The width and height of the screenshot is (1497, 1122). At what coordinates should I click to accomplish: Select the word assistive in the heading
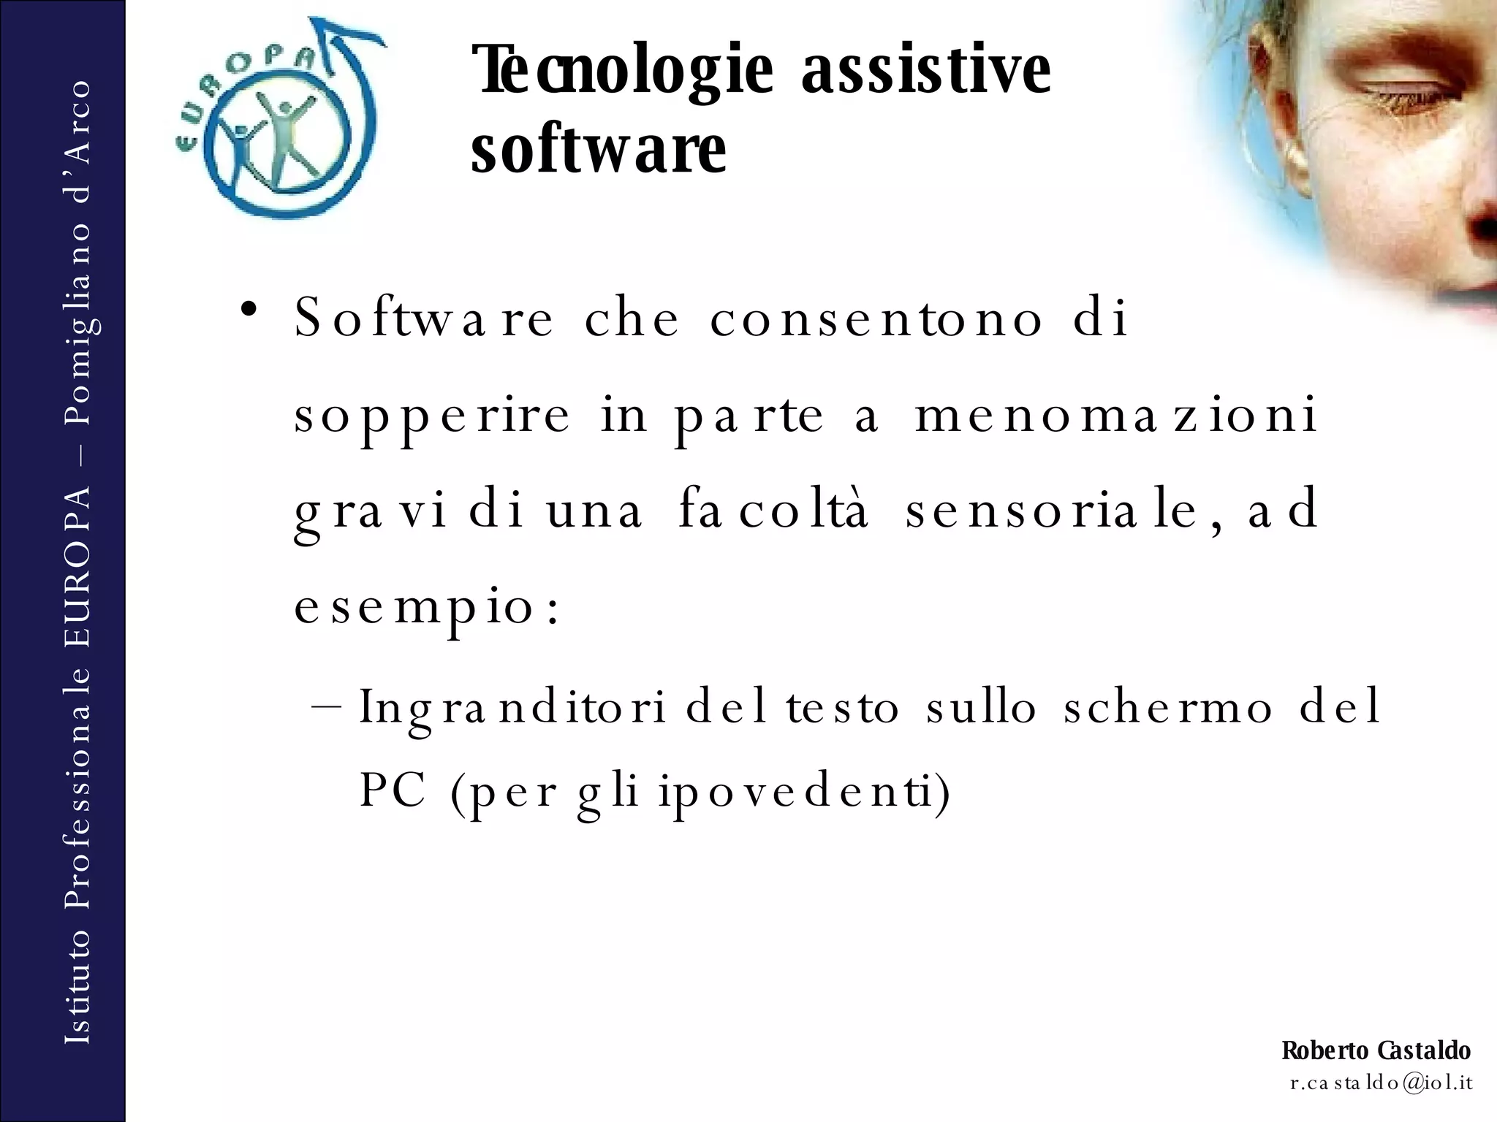coord(926,71)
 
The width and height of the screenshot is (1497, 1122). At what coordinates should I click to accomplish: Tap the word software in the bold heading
coord(599,150)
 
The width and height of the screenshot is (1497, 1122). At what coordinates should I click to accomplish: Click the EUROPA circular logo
coord(278,121)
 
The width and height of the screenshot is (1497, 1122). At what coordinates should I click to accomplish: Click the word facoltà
coord(773,510)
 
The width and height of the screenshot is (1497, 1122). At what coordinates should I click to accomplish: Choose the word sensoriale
coord(1056,510)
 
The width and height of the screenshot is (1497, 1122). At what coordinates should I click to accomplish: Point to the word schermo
coord(1168,707)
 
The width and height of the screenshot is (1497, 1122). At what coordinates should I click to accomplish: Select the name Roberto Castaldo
coord(1376,1050)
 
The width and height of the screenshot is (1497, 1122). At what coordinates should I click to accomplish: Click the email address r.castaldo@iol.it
coord(1381,1082)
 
